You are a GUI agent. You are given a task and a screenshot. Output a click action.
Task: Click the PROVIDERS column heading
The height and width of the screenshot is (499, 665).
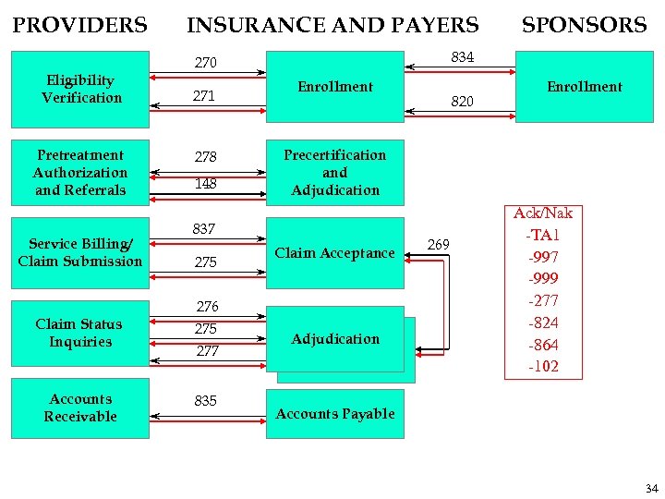pyautogui.click(x=79, y=25)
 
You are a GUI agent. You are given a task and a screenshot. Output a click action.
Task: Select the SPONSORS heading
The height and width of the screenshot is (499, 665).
pyautogui.click(x=584, y=25)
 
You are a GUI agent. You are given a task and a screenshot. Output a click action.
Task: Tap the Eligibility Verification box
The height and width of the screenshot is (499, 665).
pyautogui.click(x=81, y=89)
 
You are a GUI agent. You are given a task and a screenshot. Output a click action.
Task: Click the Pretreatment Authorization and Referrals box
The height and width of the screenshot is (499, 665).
pyautogui.click(x=80, y=172)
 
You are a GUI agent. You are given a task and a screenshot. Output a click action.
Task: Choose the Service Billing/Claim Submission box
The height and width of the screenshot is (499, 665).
pyautogui.click(x=80, y=252)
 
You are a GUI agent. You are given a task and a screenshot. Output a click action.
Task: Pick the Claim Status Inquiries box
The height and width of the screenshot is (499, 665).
pyautogui.click(x=80, y=333)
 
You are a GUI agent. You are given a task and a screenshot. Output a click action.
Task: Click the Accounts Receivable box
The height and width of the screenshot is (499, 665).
pyautogui.click(x=80, y=408)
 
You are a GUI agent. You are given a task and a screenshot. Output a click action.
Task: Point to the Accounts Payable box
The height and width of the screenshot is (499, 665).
pyautogui.click(x=335, y=414)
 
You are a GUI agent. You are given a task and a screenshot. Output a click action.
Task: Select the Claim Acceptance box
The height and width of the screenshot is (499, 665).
pyautogui.click(x=334, y=253)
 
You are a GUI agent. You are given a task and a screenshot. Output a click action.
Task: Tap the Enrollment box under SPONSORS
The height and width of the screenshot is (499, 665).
pyautogui.click(x=584, y=87)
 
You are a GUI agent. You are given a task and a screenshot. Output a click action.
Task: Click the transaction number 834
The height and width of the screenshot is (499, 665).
pyautogui.click(x=462, y=57)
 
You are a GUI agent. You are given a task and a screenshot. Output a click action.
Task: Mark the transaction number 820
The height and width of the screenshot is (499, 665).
pyautogui.click(x=462, y=102)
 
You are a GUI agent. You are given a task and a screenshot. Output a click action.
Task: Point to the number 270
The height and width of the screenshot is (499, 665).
pyautogui.click(x=205, y=63)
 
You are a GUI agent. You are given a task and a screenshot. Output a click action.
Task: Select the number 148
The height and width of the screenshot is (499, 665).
pyautogui.click(x=205, y=183)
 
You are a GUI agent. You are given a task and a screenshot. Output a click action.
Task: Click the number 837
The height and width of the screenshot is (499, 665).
pyautogui.click(x=204, y=228)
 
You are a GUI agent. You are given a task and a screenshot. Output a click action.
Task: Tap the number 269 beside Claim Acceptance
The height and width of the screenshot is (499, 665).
pyautogui.click(x=439, y=244)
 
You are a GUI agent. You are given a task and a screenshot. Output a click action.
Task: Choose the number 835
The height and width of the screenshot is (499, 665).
pyautogui.click(x=205, y=400)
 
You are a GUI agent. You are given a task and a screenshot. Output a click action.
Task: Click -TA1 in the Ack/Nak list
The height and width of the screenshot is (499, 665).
pyautogui.click(x=543, y=235)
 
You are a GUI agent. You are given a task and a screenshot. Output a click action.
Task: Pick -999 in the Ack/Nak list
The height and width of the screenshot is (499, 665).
pyautogui.click(x=543, y=278)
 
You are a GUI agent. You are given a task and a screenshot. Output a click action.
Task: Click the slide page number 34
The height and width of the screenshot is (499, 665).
pyautogui.click(x=652, y=487)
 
